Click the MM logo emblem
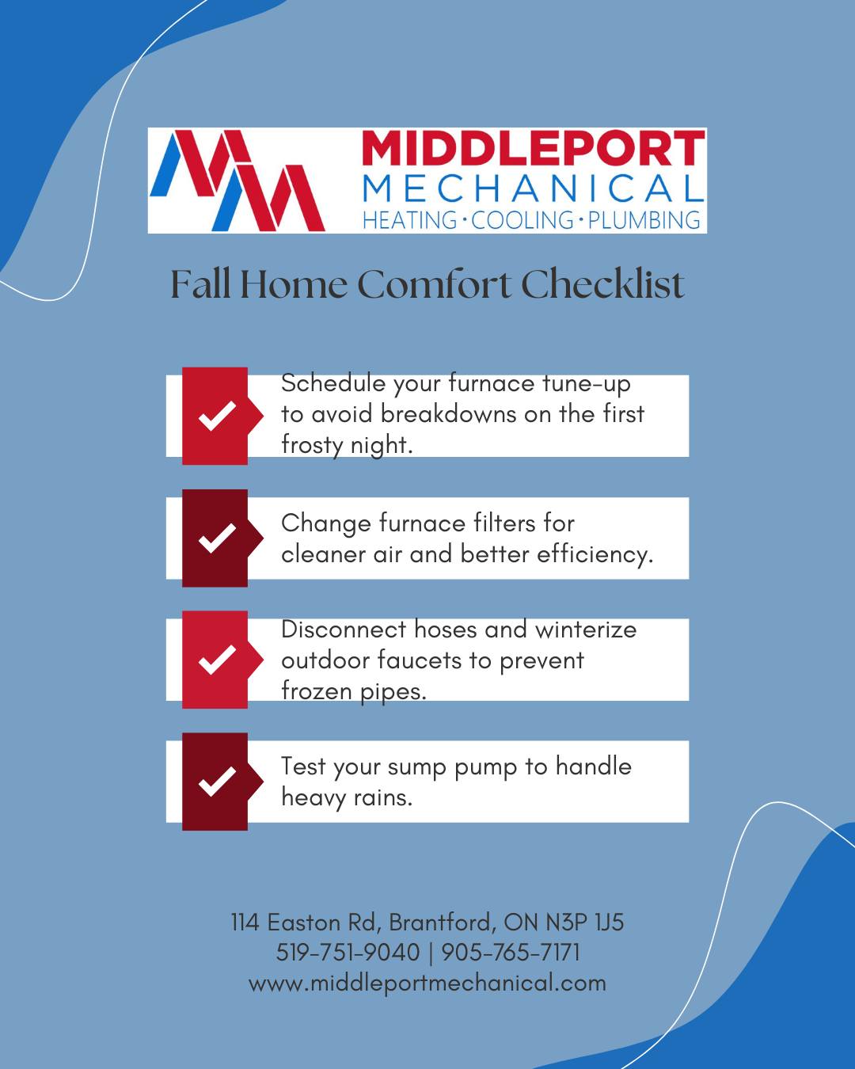237,181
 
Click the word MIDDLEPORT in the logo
534,148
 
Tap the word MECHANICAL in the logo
534,188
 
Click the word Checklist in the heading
602,284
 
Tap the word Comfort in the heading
434,284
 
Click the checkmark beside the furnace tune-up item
217,415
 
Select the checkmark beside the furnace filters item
217,538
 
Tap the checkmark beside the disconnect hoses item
217,659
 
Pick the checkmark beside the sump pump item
217,781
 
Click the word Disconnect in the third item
344,630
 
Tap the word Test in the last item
303,766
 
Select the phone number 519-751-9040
348,953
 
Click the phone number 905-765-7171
511,953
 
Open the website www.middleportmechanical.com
427,983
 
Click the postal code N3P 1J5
585,923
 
